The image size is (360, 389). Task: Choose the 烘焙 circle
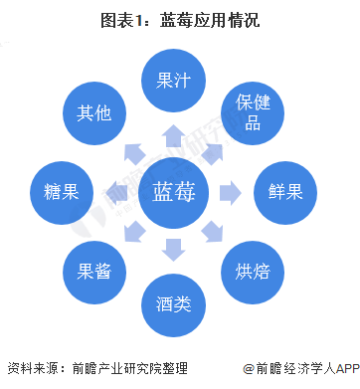[254, 268]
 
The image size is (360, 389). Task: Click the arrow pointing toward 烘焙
[214, 232]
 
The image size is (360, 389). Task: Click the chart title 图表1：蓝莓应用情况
[180, 19]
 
